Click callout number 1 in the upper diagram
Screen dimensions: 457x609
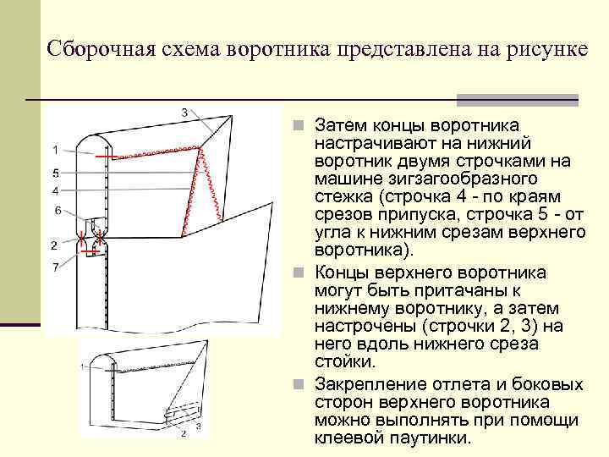[x=54, y=150]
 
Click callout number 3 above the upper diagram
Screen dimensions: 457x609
[x=184, y=111]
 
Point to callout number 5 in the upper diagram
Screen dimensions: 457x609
[x=54, y=172]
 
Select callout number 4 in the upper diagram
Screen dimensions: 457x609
[x=54, y=190]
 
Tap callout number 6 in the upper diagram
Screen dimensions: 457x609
[x=57, y=210]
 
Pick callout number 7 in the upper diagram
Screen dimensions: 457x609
[x=55, y=267]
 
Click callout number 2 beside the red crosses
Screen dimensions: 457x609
[x=53, y=245]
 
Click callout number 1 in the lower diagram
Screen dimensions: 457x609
[x=83, y=366]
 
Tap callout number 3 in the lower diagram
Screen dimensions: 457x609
[x=198, y=427]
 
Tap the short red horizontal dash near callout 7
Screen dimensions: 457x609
[x=88, y=251]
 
